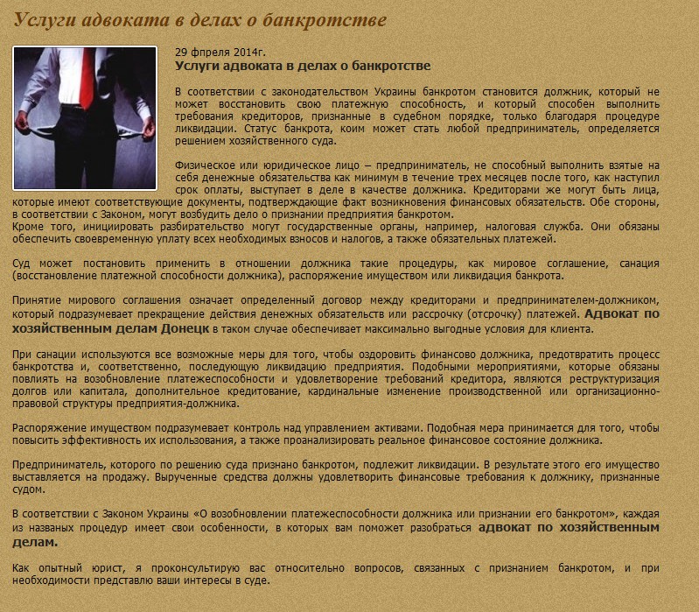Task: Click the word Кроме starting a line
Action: tap(29, 227)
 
